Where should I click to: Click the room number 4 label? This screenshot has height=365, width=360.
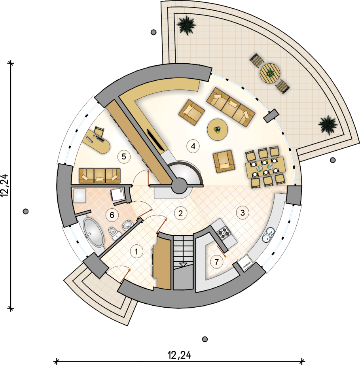[193, 146]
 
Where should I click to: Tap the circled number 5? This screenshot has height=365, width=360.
[124, 157]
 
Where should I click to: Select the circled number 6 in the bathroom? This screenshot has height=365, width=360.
[112, 215]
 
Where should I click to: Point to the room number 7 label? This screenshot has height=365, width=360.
[216, 262]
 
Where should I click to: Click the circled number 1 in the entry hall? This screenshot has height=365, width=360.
[136, 252]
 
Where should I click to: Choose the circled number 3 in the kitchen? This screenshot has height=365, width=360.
[243, 212]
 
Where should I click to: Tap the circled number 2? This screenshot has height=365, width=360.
[180, 213]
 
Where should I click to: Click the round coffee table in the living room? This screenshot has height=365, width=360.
[218, 130]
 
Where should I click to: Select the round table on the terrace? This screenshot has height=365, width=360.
[270, 74]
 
